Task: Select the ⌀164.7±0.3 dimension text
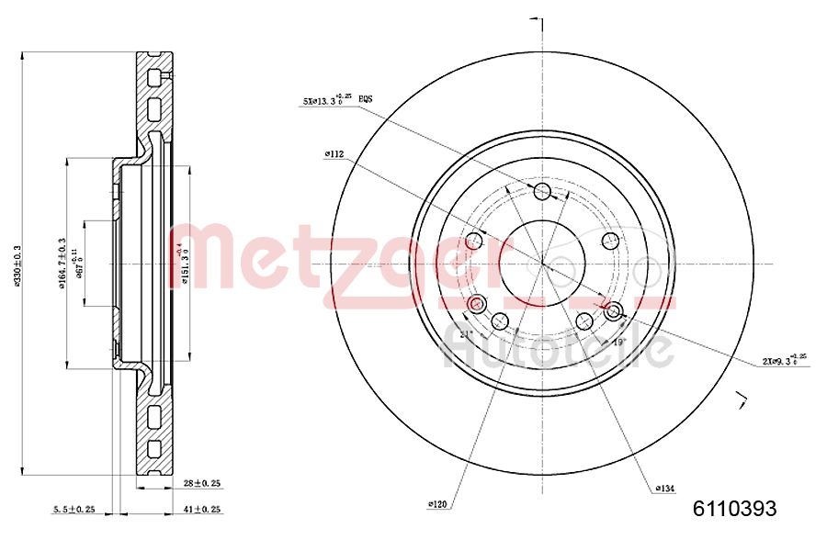(62, 264)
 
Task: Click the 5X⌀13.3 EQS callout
(336, 101)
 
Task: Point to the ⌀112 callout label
(334, 155)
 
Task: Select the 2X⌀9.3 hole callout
(787, 361)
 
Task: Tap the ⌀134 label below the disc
(666, 488)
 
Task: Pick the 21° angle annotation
(466, 334)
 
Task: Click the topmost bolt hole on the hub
(542, 191)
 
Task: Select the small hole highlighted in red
(475, 304)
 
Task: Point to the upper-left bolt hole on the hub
(474, 241)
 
